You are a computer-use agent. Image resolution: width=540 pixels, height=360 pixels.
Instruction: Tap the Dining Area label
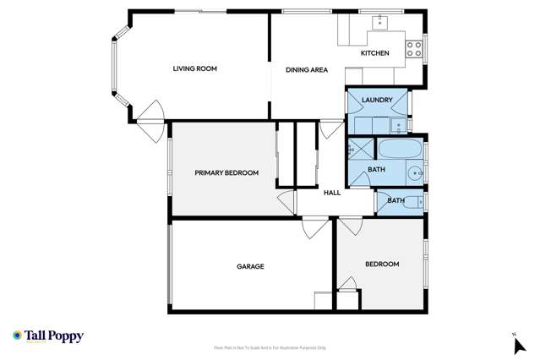pyautogui.click(x=306, y=70)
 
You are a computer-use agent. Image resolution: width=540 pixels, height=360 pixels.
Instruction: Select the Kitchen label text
pyautogui.click(x=375, y=54)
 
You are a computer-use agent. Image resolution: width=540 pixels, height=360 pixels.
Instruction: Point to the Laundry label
pyautogui.click(x=377, y=101)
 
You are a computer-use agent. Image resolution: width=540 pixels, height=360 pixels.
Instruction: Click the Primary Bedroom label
pyautogui.click(x=226, y=173)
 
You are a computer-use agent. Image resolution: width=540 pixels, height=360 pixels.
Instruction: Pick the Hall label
pyautogui.click(x=332, y=193)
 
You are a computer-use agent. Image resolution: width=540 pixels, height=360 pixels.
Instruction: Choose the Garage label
pyautogui.click(x=250, y=267)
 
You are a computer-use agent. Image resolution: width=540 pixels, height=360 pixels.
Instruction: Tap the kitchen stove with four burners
pyautogui.click(x=414, y=48)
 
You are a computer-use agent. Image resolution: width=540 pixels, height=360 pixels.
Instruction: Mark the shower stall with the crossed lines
pyautogui.click(x=360, y=150)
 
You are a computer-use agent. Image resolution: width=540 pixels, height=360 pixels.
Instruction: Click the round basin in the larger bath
pyautogui.click(x=415, y=173)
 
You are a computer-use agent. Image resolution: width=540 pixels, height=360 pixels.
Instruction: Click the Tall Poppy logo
pyautogui.click(x=48, y=336)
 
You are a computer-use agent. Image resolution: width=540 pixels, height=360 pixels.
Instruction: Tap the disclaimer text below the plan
pyautogui.click(x=270, y=347)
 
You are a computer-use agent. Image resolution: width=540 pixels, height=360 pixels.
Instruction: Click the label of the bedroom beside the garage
pyautogui.click(x=382, y=265)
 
